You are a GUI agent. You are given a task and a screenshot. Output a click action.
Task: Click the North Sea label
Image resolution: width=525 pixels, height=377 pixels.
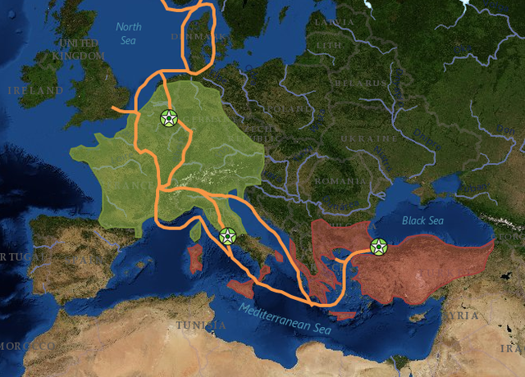(128, 33)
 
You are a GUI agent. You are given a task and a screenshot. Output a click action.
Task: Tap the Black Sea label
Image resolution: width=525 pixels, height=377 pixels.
(422, 220)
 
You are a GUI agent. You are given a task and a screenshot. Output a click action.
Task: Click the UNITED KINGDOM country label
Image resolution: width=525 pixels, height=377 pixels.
(80, 49)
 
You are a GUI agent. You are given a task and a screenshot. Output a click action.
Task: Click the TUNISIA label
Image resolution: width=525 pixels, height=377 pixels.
(200, 325)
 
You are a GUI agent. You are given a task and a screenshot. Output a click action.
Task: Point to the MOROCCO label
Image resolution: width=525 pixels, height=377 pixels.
(25, 346)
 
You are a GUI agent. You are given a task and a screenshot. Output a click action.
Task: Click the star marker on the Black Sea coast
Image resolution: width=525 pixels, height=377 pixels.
(378, 246)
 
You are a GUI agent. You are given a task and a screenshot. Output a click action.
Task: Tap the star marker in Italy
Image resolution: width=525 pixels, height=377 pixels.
(227, 237)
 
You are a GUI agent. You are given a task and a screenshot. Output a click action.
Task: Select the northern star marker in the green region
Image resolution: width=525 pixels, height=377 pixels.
(168, 118)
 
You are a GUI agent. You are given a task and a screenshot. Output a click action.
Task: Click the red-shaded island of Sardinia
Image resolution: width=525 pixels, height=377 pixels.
(194, 258)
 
